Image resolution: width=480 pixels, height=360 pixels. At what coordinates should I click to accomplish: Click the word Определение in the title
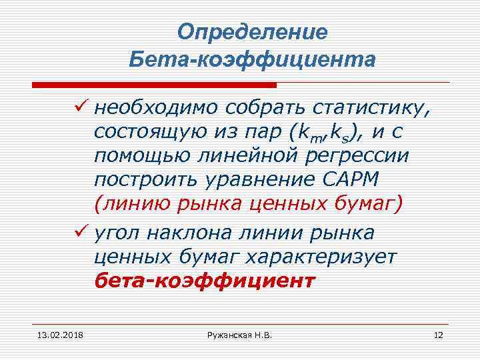(x=253, y=32)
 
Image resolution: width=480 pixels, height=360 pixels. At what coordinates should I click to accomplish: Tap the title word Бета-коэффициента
(x=253, y=60)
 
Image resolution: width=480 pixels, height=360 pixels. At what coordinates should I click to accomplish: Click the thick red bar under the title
(x=154, y=85)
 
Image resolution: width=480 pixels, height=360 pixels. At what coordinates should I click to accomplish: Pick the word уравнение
(x=253, y=180)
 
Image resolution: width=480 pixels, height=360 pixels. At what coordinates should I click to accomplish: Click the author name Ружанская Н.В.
(x=240, y=335)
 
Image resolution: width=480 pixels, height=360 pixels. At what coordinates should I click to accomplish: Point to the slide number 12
(x=438, y=335)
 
